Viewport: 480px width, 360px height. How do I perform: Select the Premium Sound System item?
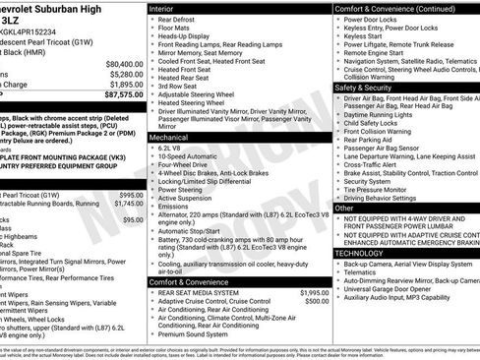(198, 334)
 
